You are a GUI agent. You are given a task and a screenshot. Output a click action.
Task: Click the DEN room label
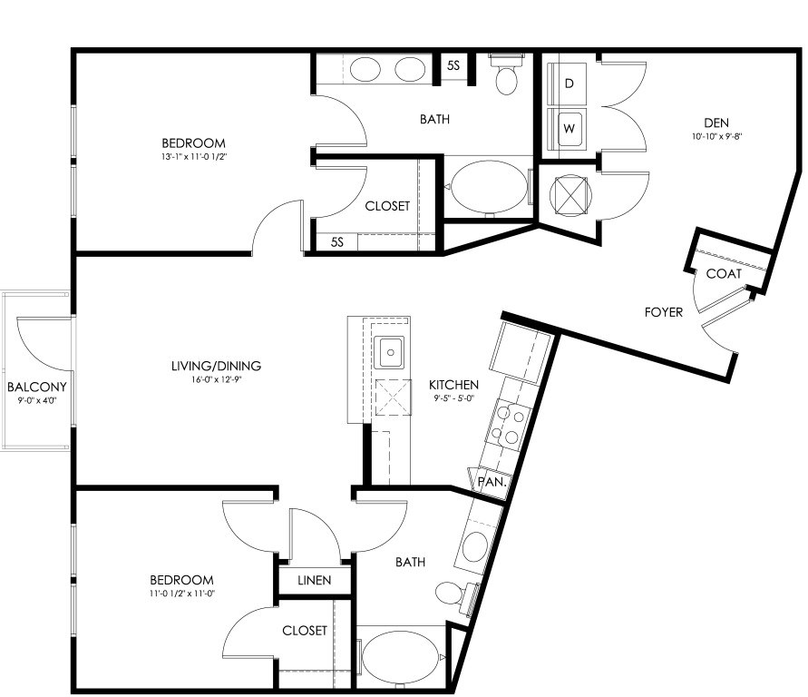point(716,123)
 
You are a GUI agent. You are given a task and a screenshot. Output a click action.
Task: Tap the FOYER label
point(664,312)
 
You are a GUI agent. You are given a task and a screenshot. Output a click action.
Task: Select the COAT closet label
point(724,274)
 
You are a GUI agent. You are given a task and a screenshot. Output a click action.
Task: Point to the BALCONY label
point(36,387)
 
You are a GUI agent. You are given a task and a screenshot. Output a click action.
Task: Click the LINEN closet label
point(315,580)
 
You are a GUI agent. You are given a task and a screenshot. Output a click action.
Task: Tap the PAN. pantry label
point(492,482)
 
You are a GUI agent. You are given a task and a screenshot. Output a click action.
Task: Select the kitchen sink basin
point(389,353)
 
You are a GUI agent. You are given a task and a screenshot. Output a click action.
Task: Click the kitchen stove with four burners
point(509,426)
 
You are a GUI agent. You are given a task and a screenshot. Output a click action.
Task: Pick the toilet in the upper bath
point(506,74)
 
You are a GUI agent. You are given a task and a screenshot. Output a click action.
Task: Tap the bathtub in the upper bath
point(488,187)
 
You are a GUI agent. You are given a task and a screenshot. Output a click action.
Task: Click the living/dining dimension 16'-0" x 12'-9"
point(216,380)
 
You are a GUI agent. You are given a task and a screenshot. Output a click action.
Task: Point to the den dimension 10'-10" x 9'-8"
point(716,137)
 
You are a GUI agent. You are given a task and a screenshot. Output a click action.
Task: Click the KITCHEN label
point(453,385)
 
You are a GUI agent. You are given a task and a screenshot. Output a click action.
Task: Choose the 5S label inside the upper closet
point(337,241)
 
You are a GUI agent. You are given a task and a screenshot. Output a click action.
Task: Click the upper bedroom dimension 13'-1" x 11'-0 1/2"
point(194,156)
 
